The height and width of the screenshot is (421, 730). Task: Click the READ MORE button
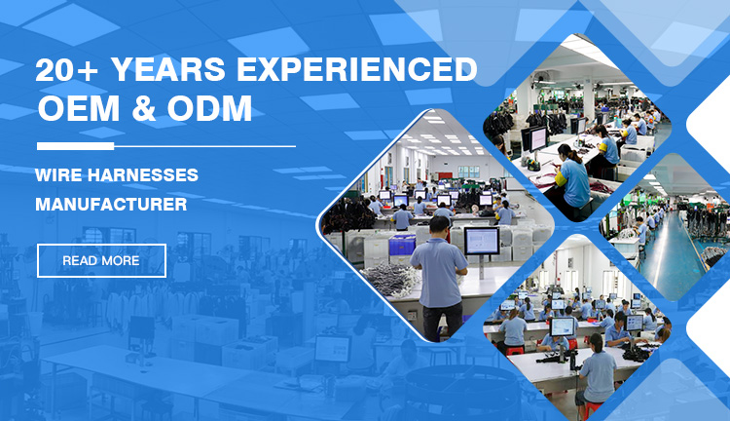click(x=101, y=260)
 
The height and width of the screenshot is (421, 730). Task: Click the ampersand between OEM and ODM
click(x=142, y=110)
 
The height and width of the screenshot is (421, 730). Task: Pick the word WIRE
click(x=63, y=175)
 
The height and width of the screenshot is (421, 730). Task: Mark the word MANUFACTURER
click(x=111, y=206)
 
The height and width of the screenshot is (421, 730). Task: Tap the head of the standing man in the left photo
click(x=438, y=225)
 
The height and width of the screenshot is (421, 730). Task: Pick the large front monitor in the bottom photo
click(x=564, y=326)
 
